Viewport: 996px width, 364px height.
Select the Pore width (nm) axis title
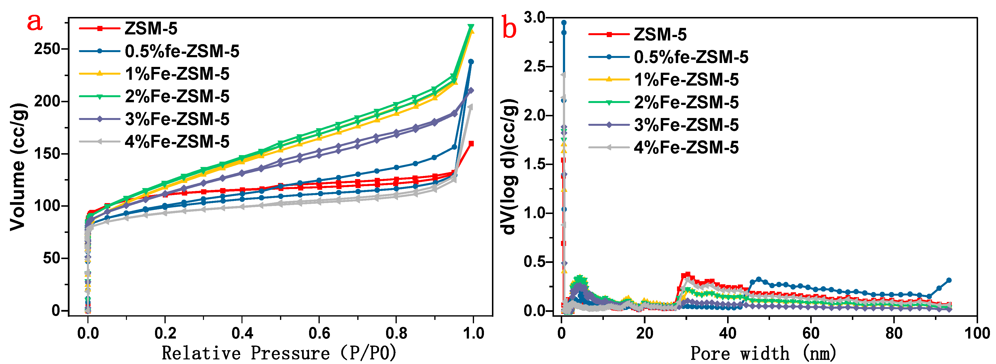coord(764,353)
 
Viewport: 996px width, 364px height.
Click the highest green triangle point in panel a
coord(471,27)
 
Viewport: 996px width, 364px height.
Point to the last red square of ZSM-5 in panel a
coord(471,144)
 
